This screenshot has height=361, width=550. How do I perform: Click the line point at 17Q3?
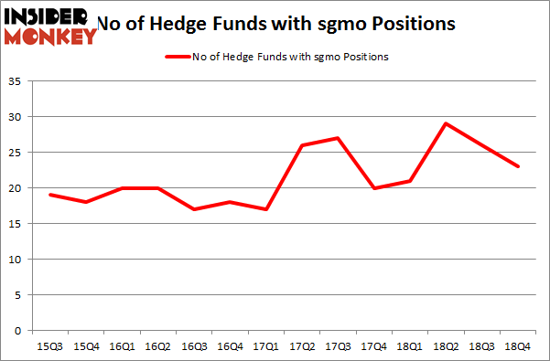pyautogui.click(x=339, y=138)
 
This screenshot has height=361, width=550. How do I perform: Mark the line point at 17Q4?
pyautogui.click(x=373, y=188)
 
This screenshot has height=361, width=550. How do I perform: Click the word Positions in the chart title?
pyautogui.click(x=413, y=24)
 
